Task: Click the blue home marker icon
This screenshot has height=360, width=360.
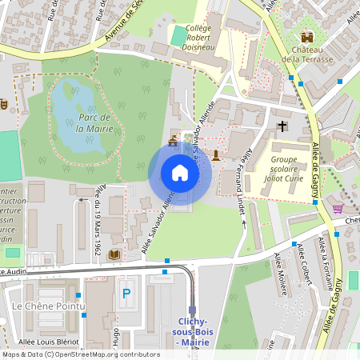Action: pyautogui.click(x=180, y=173)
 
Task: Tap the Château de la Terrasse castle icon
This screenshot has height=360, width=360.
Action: pyautogui.click(x=307, y=37)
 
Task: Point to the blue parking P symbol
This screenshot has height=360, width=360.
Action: pyautogui.click(x=126, y=294)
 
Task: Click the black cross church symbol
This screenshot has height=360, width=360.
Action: pyautogui.click(x=282, y=126)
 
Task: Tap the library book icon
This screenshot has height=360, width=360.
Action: pyautogui.click(x=114, y=254)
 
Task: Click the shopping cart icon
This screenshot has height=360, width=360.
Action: pyautogui.click(x=338, y=208)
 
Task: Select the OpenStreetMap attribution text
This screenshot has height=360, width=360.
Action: pyautogui.click(x=81, y=354)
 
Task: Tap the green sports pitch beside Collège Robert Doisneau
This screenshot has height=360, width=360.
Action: pyautogui.click(x=177, y=36)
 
